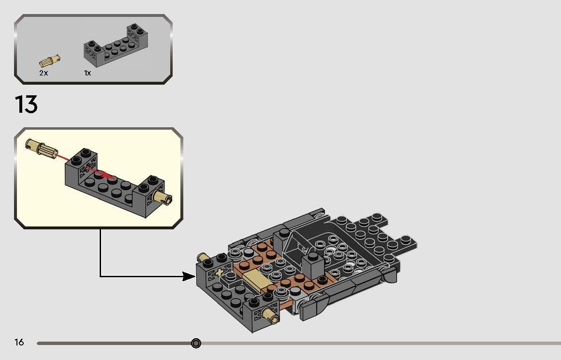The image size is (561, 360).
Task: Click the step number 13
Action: (26, 104)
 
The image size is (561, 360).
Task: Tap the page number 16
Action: (19, 343)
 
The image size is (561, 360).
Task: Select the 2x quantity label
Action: (44, 73)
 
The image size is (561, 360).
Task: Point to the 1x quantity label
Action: (88, 73)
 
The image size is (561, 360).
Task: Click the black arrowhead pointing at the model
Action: (189, 276)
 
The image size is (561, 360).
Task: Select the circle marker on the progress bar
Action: (196, 343)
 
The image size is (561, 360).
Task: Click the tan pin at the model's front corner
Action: (270, 315)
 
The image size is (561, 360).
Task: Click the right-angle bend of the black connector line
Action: (101, 276)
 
